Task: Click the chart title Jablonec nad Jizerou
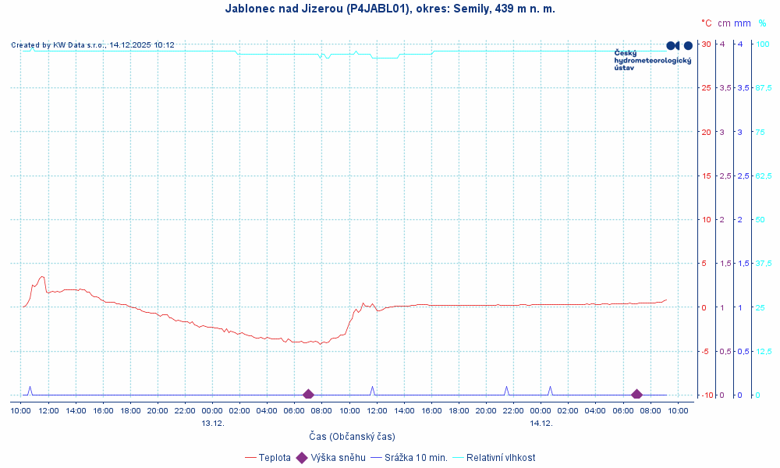pos(390,9)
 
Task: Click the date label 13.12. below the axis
pos(213,423)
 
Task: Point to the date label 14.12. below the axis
pos(541,423)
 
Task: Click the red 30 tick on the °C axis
pos(706,44)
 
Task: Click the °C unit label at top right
pos(706,23)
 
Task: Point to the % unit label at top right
pos(762,23)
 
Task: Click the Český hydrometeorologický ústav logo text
pos(652,60)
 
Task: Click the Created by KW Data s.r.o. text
pos(93,45)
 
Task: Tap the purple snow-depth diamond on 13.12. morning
pos(308,395)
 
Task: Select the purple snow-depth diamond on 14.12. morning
pos(636,395)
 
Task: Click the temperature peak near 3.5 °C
pos(42,276)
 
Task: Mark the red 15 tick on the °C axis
pos(706,175)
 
